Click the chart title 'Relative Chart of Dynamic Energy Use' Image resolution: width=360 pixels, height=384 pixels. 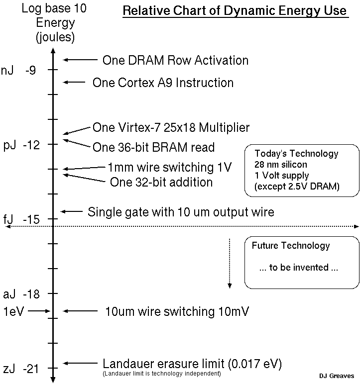pyautogui.click(x=235, y=11)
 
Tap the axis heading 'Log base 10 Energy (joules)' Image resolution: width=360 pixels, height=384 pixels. pyautogui.click(x=48, y=23)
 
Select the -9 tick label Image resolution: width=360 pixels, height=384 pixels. pyautogui.click(x=30, y=71)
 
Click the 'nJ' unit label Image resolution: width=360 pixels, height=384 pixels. pyautogui.click(x=7, y=71)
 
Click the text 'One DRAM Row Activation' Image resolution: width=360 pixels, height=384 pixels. pyautogui.click(x=175, y=61)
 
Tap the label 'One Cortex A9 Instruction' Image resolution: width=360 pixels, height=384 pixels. pyautogui.click(x=163, y=83)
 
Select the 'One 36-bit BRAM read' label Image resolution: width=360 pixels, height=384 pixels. pyautogui.click(x=153, y=147)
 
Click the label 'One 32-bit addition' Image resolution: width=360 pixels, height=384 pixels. pyautogui.click(x=161, y=182)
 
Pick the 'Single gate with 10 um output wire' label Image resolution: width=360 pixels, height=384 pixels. pyautogui.click(x=181, y=212)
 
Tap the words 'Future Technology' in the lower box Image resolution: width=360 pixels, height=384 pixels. pyautogui.click(x=291, y=245)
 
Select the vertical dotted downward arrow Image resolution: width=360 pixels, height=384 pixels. pyautogui.click(x=230, y=263)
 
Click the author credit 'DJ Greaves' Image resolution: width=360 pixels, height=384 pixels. pyautogui.click(x=337, y=376)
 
